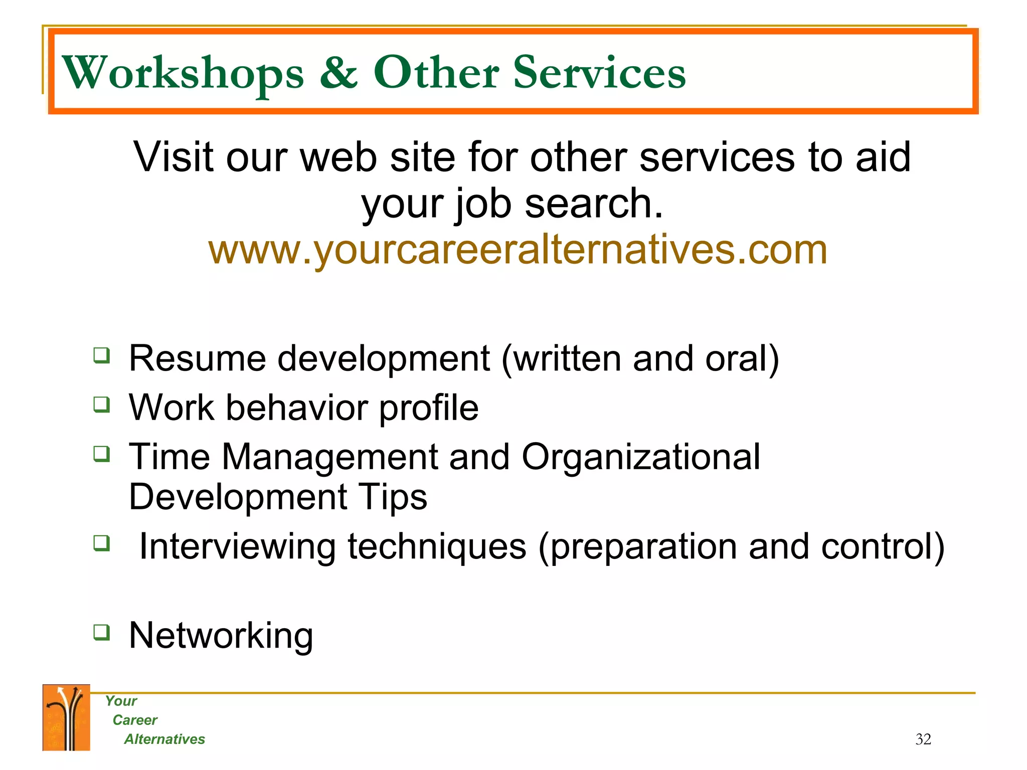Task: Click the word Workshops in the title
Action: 183,73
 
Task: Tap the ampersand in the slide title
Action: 338,72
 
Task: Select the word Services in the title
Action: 599,73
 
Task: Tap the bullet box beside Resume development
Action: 102,355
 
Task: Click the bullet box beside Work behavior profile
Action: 102,404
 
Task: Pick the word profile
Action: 428,408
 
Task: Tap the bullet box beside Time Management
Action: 102,454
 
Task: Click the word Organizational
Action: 640,457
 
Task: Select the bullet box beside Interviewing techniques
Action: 102,542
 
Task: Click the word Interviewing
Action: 237,546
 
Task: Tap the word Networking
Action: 221,636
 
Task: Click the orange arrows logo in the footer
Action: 66,717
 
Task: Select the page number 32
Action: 923,739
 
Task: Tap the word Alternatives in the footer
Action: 164,739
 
